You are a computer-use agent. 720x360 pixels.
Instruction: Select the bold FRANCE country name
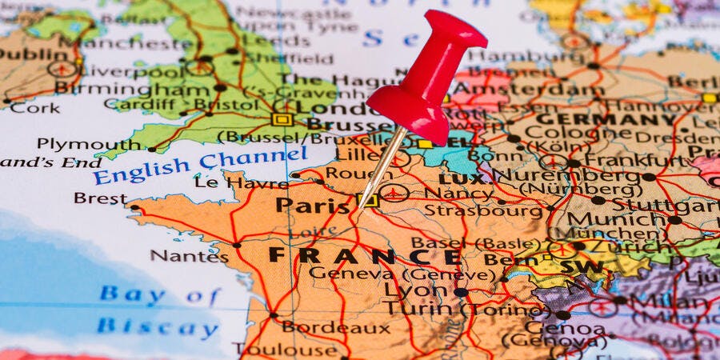(365, 256)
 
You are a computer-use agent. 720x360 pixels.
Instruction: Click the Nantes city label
(190, 256)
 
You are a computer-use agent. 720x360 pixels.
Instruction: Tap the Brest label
(100, 198)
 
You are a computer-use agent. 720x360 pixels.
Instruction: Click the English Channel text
(199, 165)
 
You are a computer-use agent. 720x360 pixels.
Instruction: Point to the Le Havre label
(230, 182)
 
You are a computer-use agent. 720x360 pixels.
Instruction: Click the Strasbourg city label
(483, 211)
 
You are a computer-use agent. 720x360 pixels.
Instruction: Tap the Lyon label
(415, 290)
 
